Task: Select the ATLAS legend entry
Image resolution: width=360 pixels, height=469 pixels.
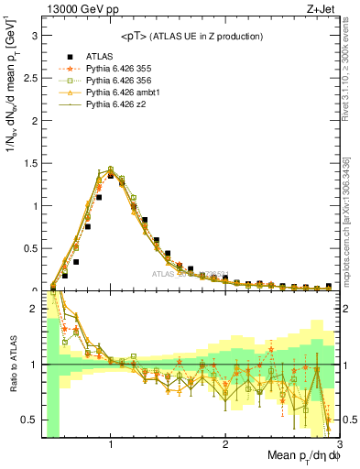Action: coord(100,56)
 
